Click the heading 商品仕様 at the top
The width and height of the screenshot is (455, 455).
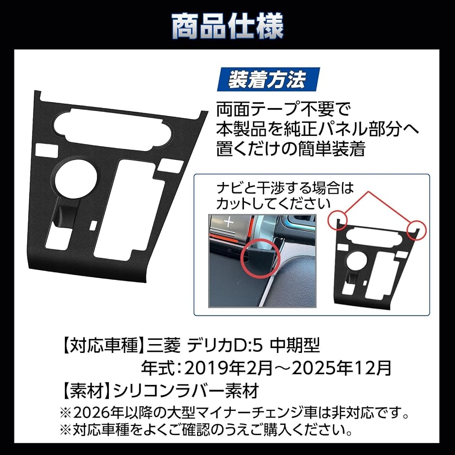(227, 27)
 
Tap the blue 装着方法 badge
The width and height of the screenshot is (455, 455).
(268, 79)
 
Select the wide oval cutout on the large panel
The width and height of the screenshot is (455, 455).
(113, 127)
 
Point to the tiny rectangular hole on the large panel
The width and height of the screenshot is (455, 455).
(94, 226)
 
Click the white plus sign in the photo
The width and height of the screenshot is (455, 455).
(229, 223)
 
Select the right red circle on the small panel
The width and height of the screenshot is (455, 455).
(416, 230)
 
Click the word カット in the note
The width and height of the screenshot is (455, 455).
(236, 203)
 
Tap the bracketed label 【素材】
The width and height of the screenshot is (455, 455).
(86, 391)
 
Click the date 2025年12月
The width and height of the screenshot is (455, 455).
(341, 368)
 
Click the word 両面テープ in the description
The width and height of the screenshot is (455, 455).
(250, 109)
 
